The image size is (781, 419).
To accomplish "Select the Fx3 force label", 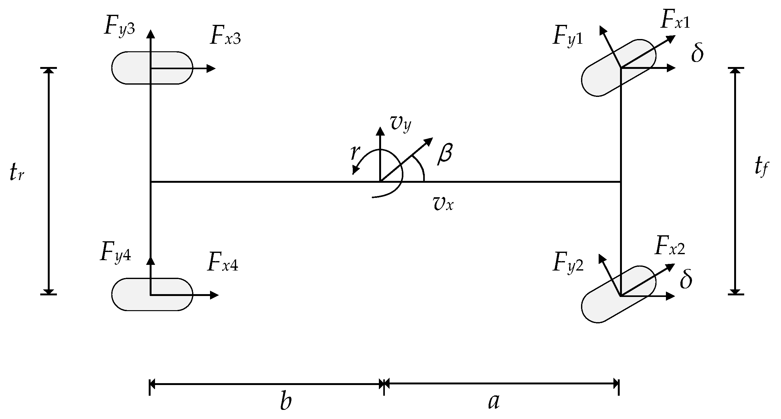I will coord(225,37).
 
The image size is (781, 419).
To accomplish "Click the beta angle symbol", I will coord(445,154).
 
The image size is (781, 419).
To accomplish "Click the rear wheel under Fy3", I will coord(152,68).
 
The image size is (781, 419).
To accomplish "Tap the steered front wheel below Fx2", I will coord(618,294).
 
